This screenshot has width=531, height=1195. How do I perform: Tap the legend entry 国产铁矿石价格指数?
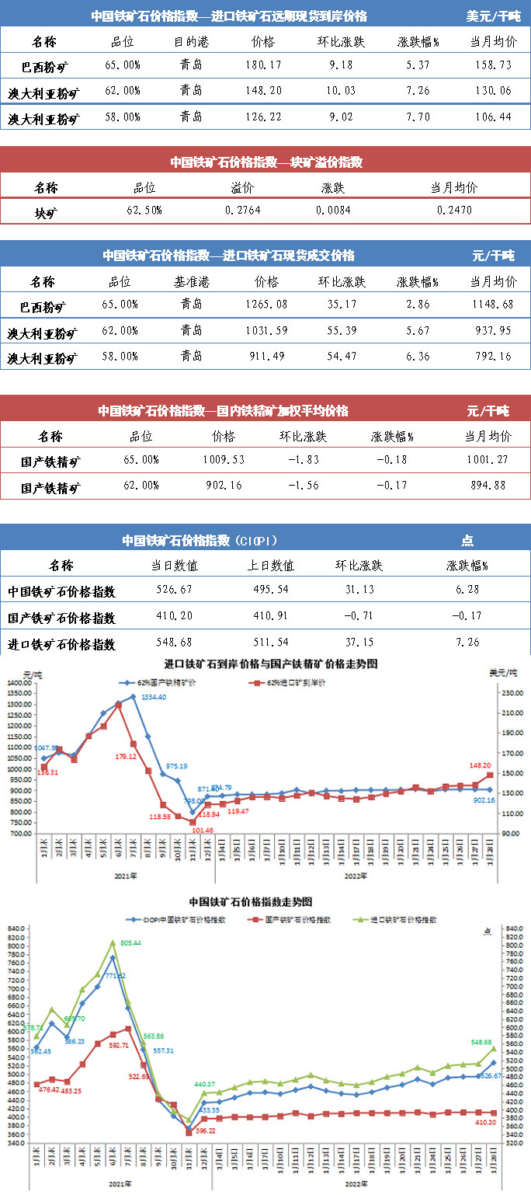299,919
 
